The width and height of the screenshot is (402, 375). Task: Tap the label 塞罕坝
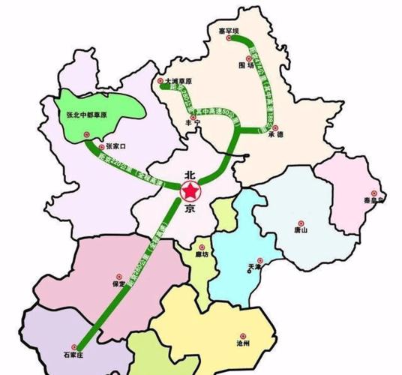(228, 31)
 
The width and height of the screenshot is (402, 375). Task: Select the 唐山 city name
(300, 232)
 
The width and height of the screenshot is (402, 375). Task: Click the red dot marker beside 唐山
(300, 223)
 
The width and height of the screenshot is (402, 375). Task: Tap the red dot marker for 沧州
(242, 334)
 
